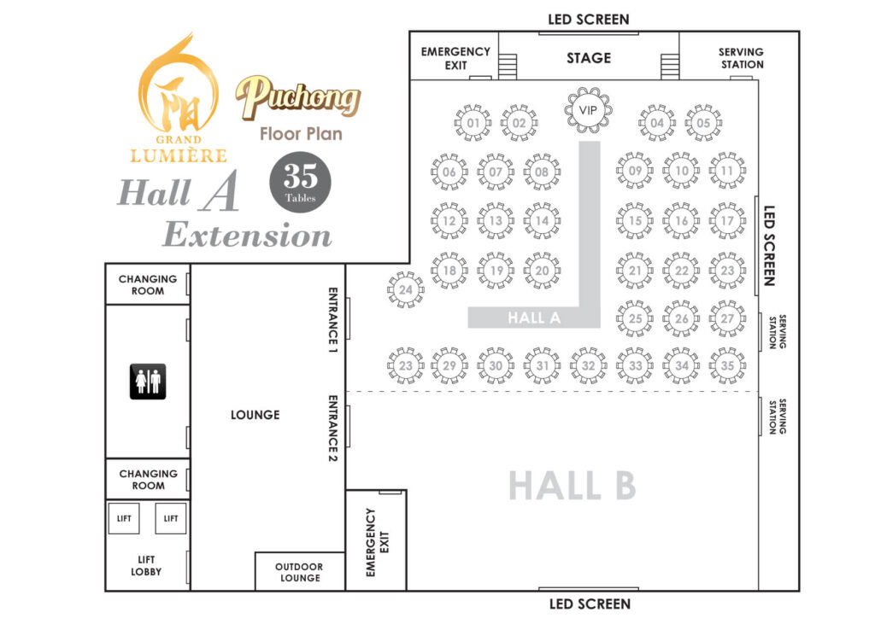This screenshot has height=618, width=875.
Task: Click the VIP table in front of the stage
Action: (588, 110)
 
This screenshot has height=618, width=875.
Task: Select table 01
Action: (473, 123)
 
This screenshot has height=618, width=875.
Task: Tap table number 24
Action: (406, 290)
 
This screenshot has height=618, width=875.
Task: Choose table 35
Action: (727, 365)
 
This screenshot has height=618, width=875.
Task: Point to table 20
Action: (542, 271)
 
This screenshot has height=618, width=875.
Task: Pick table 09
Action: (635, 171)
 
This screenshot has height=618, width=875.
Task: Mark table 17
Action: (727, 220)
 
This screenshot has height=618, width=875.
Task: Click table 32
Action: (589, 365)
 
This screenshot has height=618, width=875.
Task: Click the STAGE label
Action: (589, 58)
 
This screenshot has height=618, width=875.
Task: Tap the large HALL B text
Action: (572, 486)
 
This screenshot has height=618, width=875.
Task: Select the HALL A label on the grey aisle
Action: (534, 318)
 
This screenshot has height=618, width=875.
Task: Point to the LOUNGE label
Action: (255, 415)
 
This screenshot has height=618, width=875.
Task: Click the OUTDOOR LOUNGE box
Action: (299, 572)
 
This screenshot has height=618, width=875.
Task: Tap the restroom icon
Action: (147, 381)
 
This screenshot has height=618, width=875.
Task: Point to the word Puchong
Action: (298, 98)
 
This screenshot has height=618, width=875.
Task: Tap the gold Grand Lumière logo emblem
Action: (179, 90)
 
